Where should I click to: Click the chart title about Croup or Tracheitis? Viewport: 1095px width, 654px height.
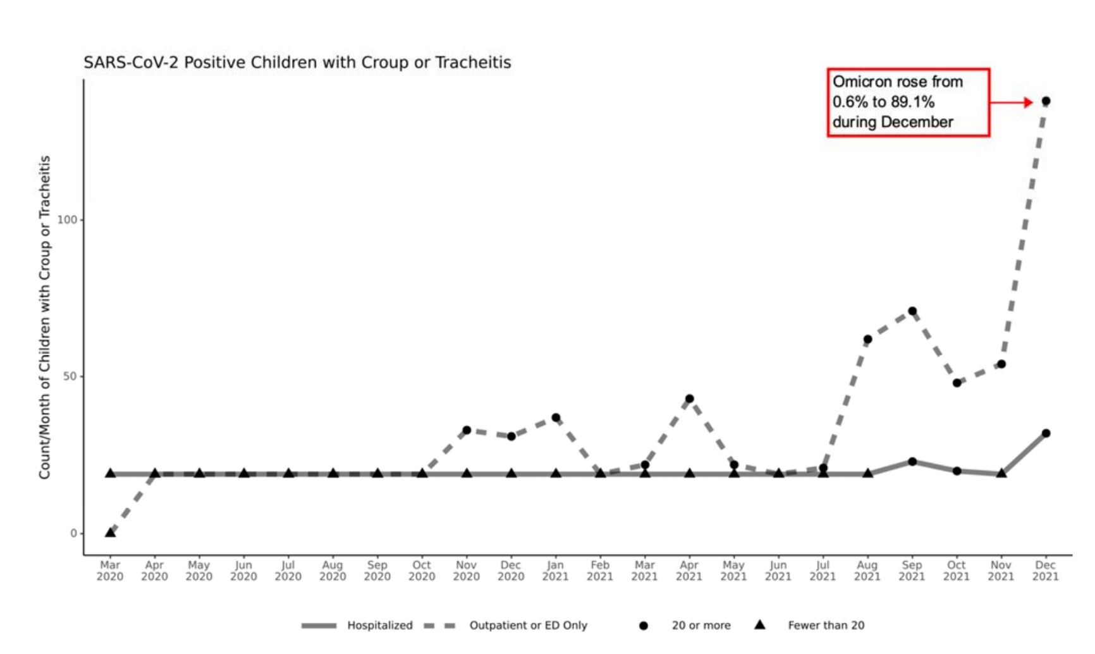(x=297, y=63)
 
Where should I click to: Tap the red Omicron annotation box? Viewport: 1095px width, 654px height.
(x=908, y=102)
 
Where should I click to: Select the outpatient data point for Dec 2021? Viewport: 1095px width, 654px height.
(x=1046, y=101)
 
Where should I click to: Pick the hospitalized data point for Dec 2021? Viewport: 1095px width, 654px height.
(x=1046, y=433)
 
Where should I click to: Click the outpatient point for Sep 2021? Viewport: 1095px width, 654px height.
(x=912, y=311)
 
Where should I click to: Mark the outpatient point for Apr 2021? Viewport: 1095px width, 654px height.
(x=689, y=399)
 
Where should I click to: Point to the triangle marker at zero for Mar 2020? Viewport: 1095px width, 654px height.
(x=110, y=532)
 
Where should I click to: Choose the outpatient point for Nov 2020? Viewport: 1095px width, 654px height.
(x=467, y=430)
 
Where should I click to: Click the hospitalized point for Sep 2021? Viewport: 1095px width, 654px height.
(x=912, y=462)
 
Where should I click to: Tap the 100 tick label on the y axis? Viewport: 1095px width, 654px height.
(x=66, y=219)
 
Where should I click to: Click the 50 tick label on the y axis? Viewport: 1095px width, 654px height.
(x=70, y=376)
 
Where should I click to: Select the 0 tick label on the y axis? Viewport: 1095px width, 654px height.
(x=73, y=533)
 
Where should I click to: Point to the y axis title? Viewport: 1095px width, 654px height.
(x=44, y=317)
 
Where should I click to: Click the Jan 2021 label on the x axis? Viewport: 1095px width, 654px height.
(x=555, y=571)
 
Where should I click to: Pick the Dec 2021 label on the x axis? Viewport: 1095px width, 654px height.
(x=1046, y=571)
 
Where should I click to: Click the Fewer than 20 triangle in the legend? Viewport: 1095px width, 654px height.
(x=760, y=625)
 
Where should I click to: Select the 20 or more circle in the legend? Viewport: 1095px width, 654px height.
(x=644, y=626)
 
